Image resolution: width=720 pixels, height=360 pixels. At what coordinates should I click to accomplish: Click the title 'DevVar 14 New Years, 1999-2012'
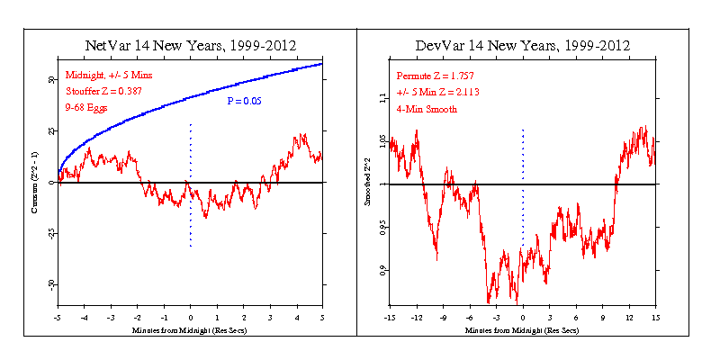click(522, 46)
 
